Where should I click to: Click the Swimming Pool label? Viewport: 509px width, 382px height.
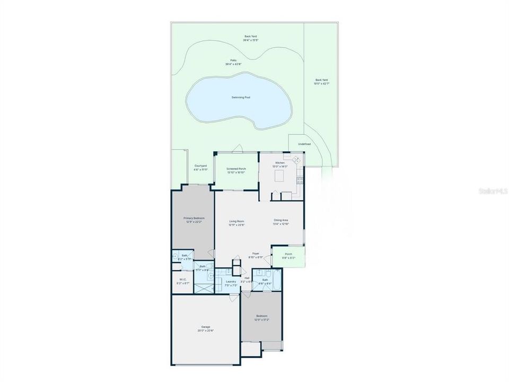241,98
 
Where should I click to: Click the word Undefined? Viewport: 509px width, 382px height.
304,144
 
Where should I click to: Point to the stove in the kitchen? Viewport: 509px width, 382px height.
300,179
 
